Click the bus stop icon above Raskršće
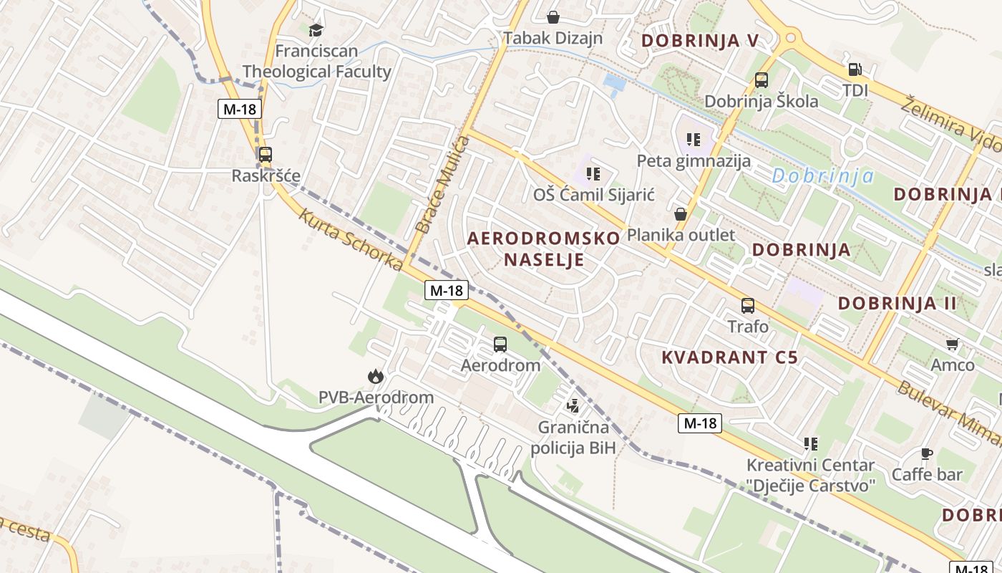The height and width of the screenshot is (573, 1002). point(265,154)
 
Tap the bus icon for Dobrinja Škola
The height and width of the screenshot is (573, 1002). point(762,80)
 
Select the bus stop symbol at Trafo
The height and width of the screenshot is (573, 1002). point(748,306)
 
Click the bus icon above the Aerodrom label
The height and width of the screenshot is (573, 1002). point(500,345)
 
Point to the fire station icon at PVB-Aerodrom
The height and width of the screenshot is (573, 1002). point(376,376)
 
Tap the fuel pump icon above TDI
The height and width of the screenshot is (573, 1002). point(855,69)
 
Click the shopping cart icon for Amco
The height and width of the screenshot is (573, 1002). point(952,345)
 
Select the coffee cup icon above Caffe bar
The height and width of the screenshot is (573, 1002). point(927,453)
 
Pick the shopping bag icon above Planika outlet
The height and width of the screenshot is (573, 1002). point(681,214)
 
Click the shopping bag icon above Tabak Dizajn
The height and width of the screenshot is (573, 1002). point(553,17)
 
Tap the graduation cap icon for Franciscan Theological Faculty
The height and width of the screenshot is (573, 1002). point(316,30)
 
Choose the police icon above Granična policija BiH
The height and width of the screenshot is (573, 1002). point(573,406)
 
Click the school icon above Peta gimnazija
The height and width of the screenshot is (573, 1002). point(693,139)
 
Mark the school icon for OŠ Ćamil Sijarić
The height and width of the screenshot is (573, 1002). point(593,173)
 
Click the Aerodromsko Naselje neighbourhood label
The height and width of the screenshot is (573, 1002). point(544,249)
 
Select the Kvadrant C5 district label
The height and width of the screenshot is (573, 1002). point(729,357)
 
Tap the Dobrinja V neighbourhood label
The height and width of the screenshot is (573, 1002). point(699,41)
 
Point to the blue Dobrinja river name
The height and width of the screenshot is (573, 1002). point(823,175)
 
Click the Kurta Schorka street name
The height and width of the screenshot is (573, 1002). point(351,239)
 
